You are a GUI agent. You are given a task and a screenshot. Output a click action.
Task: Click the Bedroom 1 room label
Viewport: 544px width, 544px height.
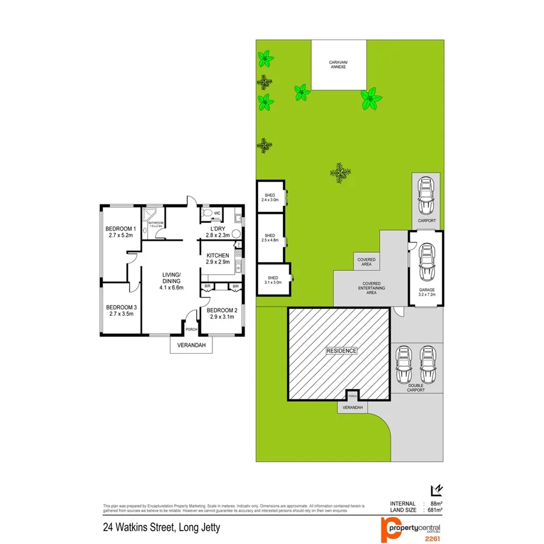coord(120,229)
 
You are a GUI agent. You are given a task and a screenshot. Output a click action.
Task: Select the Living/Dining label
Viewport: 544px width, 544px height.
coord(172,278)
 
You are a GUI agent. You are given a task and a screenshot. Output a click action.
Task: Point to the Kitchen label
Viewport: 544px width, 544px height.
coord(217,256)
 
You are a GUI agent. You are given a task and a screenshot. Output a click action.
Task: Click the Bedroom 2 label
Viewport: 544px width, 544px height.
coord(222,310)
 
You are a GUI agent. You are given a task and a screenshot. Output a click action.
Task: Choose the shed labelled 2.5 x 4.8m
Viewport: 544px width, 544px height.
coord(271,238)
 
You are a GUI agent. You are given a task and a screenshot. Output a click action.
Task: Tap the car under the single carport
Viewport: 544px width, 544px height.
coord(426,197)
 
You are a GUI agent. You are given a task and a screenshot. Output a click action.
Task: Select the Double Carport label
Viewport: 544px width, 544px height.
coord(416,388)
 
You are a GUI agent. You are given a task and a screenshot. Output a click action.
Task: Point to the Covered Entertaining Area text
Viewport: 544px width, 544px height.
coord(371,287)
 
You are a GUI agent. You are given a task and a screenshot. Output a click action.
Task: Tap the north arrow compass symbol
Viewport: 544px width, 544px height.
coord(435,491)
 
